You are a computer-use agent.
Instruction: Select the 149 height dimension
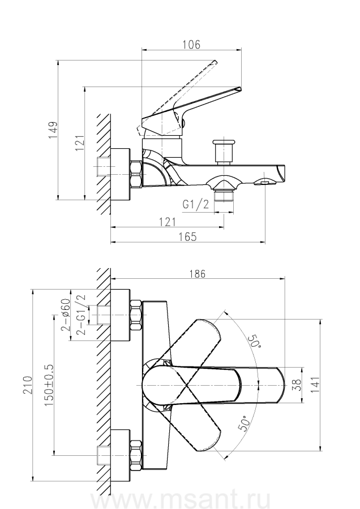coord(52,130)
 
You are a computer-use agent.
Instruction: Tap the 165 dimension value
coord(189,237)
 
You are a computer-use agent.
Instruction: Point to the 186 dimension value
coord(197,273)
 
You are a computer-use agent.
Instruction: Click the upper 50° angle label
coord(254,342)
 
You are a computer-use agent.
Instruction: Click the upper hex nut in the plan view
coord(136,315)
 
